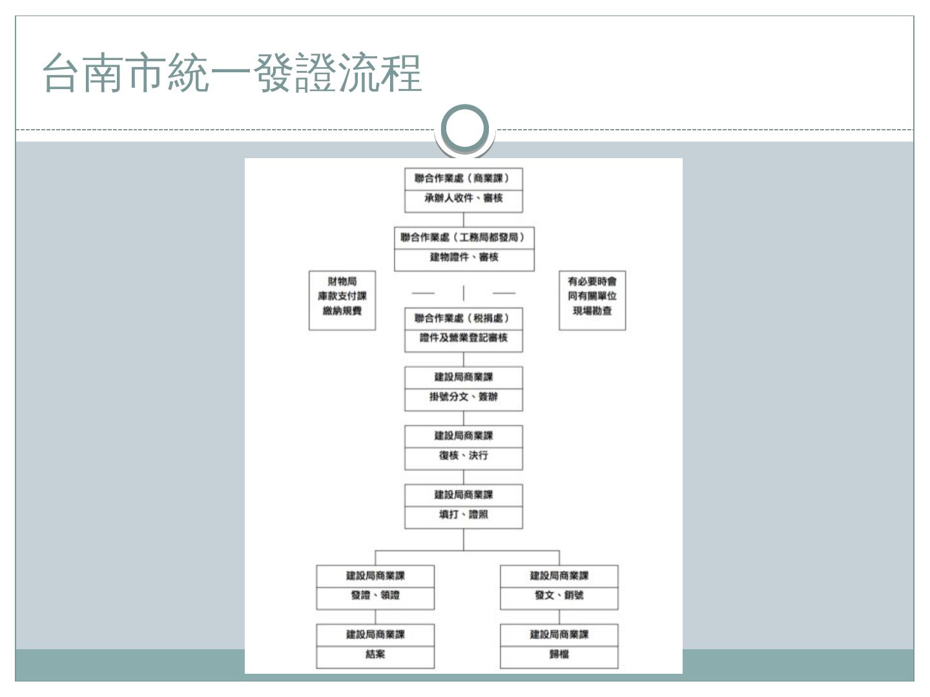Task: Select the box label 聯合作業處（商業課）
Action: (x=463, y=178)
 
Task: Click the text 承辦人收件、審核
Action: (x=463, y=198)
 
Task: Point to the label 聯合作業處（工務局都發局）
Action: (x=464, y=237)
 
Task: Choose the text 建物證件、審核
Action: (x=464, y=258)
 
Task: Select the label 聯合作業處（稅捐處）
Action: (x=463, y=318)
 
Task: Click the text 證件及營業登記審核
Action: (x=463, y=338)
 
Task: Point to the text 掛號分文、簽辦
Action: (x=463, y=397)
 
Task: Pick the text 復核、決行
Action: (x=463, y=456)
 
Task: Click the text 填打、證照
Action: (x=463, y=514)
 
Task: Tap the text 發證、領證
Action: (x=375, y=595)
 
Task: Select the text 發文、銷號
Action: (x=559, y=595)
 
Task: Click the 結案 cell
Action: (x=375, y=654)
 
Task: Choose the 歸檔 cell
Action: (x=559, y=654)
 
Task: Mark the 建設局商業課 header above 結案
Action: (x=375, y=634)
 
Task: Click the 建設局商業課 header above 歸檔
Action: (x=559, y=634)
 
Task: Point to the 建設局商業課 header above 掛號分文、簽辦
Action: (x=463, y=377)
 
